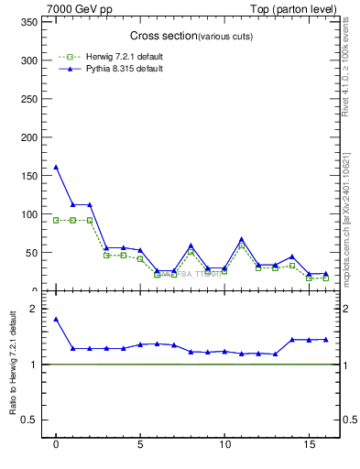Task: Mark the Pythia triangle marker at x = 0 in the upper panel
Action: (x=56, y=167)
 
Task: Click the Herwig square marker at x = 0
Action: (x=56, y=220)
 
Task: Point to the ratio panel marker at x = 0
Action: (x=56, y=319)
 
